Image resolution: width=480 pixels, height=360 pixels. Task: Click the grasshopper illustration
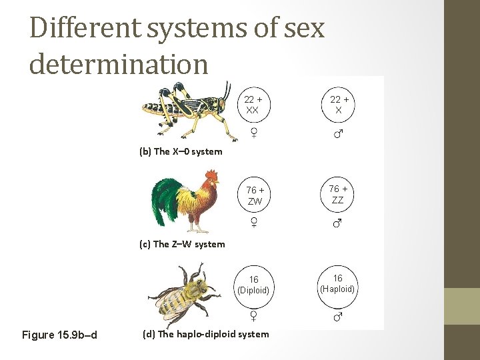click(189, 110)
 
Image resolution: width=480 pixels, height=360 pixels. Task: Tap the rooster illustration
click(185, 199)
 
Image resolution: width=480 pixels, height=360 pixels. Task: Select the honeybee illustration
click(183, 294)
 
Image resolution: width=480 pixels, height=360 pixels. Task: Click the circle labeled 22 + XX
click(252, 105)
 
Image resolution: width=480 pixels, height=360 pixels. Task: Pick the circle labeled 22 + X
click(338, 105)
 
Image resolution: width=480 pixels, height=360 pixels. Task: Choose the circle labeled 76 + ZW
click(254, 195)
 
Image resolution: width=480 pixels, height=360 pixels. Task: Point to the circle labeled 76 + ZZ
click(337, 195)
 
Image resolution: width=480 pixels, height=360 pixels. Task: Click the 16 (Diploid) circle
click(253, 285)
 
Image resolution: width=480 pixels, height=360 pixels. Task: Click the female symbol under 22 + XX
click(254, 133)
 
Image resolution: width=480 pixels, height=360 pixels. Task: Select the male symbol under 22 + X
click(338, 134)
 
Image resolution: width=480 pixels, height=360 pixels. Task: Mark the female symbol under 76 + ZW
click(254, 223)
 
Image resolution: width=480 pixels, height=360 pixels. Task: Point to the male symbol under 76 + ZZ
click(337, 223)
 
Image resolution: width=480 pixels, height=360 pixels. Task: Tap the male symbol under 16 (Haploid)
click(337, 317)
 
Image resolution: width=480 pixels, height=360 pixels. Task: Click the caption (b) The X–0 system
click(181, 151)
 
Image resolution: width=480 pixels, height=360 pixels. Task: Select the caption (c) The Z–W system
click(182, 244)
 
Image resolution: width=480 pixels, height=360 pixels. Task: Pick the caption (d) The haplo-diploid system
click(206, 334)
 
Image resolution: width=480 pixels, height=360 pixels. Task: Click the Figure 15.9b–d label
click(59, 335)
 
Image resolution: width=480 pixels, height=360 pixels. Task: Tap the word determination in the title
click(119, 64)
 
